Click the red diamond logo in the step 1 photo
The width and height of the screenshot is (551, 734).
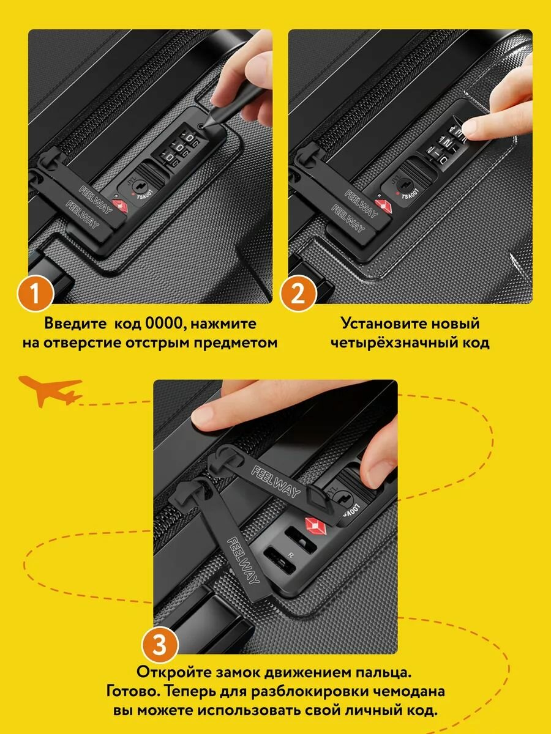click(118, 206)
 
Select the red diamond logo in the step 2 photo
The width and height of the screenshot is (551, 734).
click(384, 206)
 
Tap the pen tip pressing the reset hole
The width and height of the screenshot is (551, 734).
click(202, 127)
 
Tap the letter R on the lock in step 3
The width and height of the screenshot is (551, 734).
click(291, 555)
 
